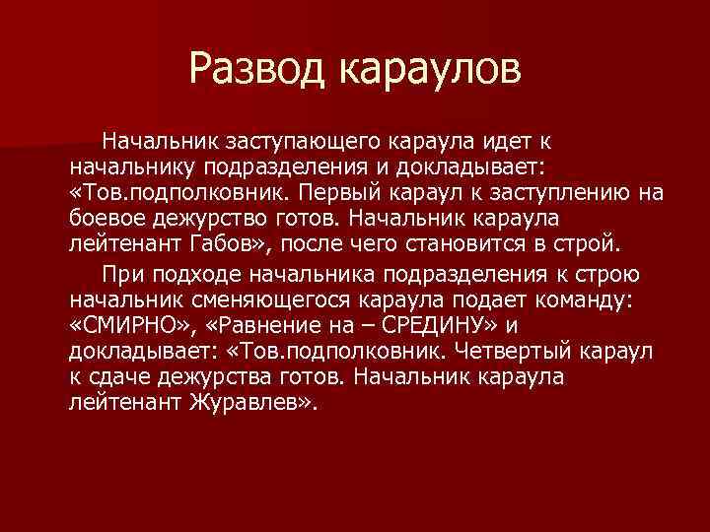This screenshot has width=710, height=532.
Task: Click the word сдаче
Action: (115, 375)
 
